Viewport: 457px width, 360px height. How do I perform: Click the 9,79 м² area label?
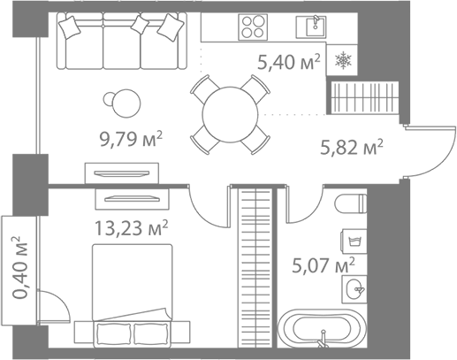pyautogui.click(x=131, y=139)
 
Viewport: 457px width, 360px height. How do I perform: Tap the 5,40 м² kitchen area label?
pyautogui.click(x=289, y=62)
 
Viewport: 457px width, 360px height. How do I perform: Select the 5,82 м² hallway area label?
pyautogui.click(x=352, y=147)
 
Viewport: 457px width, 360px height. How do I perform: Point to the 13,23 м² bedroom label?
pyautogui.click(x=131, y=228)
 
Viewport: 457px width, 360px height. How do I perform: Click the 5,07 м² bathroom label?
pyautogui.click(x=324, y=265)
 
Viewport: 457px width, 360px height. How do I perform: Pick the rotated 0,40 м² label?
pyautogui.click(x=20, y=267)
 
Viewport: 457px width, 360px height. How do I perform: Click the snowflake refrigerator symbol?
pyautogui.click(x=343, y=60)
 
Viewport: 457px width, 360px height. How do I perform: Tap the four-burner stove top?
pyautogui.click(x=253, y=27)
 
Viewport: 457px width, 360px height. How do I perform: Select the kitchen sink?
pyautogui.click(x=311, y=27)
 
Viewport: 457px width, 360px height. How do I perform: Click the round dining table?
pyautogui.click(x=230, y=114)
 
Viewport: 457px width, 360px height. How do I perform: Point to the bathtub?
pyautogui.click(x=322, y=328)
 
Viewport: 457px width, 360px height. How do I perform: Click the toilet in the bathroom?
pyautogui.click(x=351, y=203)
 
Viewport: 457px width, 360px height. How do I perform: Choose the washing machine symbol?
pyautogui.click(x=354, y=241)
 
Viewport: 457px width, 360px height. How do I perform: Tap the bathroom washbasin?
pyautogui.click(x=354, y=289)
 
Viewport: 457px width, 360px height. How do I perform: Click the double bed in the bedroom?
pyautogui.click(x=133, y=295)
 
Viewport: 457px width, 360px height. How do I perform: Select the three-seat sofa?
pyautogui.click(x=122, y=41)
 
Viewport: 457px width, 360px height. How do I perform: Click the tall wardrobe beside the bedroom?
pyautogui.click(x=256, y=268)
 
